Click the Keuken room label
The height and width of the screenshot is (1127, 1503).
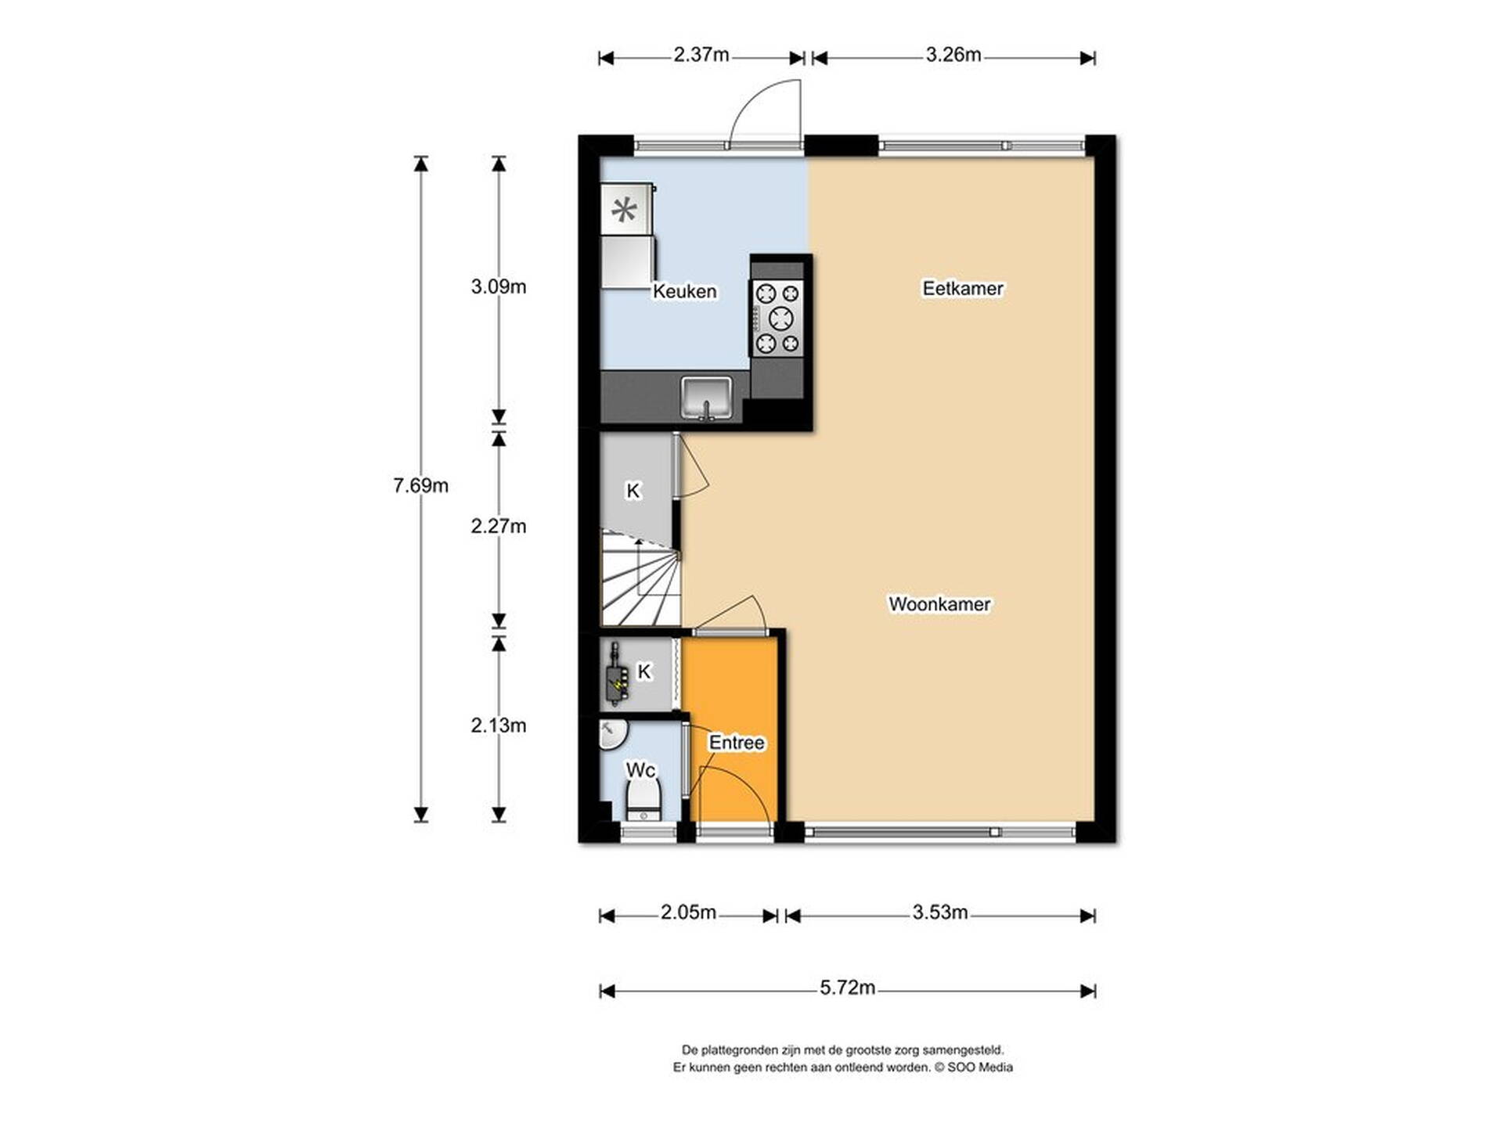click(x=684, y=291)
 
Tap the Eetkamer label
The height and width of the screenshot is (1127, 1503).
click(x=962, y=288)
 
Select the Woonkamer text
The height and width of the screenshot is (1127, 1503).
click(x=939, y=604)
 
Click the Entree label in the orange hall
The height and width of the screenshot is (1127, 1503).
click(x=737, y=742)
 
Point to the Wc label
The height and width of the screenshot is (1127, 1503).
click(x=640, y=770)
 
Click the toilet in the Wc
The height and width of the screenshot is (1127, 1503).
click(x=643, y=800)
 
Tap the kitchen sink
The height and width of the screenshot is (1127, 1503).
click(x=706, y=398)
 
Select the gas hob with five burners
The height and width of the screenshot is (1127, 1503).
click(x=778, y=318)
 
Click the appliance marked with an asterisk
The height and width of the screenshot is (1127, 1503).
click(x=626, y=209)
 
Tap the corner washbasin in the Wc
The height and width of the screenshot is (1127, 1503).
click(x=613, y=735)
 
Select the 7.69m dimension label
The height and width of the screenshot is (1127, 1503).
click(x=420, y=485)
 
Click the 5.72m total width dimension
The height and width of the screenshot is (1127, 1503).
click(x=847, y=988)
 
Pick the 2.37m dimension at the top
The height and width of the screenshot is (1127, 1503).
click(x=701, y=55)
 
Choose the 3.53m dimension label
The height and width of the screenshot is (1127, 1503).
click(x=939, y=912)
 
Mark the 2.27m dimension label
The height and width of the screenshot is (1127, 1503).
click(x=499, y=526)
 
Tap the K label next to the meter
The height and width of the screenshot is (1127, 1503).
click(x=643, y=672)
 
